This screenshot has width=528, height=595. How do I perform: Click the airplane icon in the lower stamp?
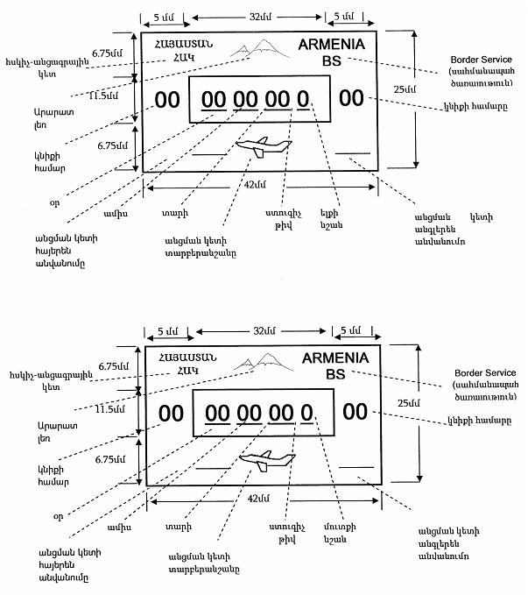point(258,461)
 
